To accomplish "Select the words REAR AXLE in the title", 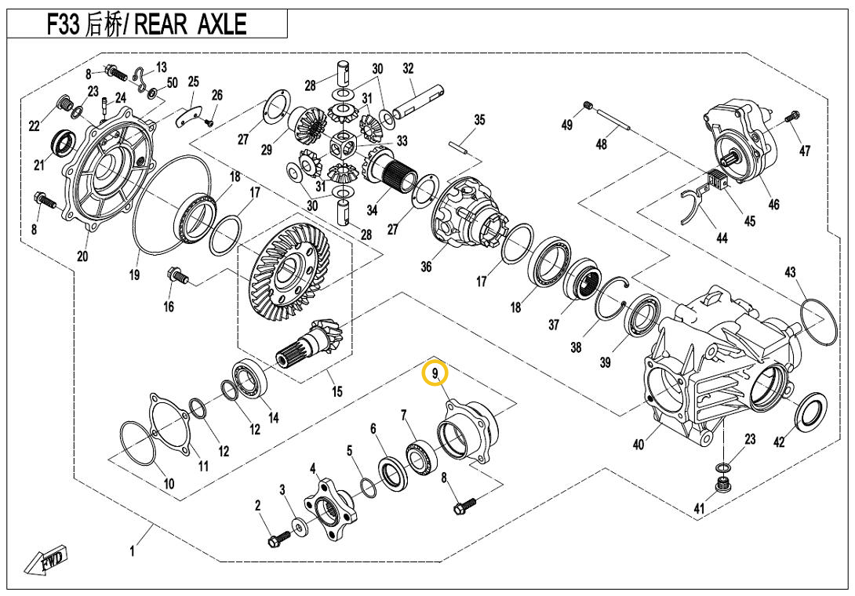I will pos(191,24).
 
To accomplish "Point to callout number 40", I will pos(639,445).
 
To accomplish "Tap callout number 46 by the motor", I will pos(773,205).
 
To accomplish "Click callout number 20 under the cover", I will pos(82,256).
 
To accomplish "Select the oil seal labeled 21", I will pos(63,143).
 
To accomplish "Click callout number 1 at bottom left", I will pos(132,551).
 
